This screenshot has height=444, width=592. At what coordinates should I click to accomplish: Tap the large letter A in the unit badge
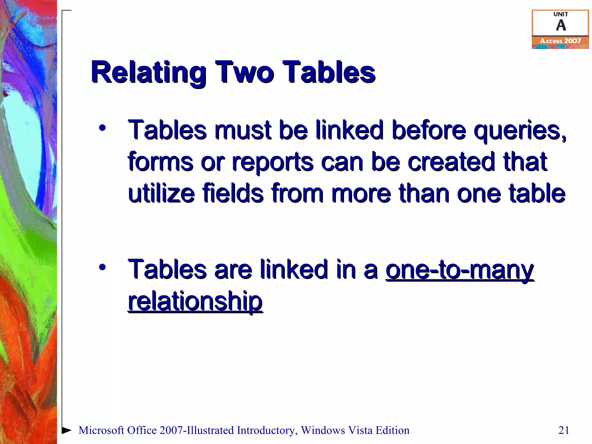[560, 25]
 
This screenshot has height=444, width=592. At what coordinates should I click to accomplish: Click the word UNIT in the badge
[560, 14]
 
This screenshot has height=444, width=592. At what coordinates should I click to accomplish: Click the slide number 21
[564, 430]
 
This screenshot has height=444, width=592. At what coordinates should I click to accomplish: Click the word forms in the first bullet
[160, 162]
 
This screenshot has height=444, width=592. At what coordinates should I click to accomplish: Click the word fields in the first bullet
[233, 193]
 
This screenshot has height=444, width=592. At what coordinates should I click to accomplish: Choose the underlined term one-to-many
[460, 270]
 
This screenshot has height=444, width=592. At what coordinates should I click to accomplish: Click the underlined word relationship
[195, 301]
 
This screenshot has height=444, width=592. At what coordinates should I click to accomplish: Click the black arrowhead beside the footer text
[67, 430]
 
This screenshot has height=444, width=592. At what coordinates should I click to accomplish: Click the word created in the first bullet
[451, 162]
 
